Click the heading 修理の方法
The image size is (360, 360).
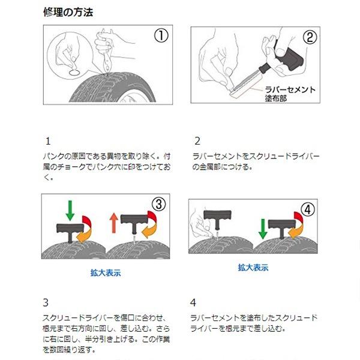click(68, 12)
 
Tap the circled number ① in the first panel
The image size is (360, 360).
click(161, 35)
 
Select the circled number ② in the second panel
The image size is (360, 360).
click(310, 37)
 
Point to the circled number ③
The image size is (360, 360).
click(158, 204)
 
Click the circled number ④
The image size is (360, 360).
click(308, 209)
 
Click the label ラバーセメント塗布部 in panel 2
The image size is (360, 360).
click(290, 94)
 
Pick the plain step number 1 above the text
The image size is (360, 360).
click(48, 141)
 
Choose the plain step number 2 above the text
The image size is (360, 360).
click(197, 141)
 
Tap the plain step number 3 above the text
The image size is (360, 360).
click(46, 302)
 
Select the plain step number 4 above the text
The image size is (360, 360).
click(193, 302)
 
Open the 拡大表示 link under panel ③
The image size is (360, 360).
click(106, 273)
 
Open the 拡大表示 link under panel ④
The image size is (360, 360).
click(253, 268)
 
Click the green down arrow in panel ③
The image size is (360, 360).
click(70, 211)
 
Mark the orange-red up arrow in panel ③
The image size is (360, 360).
click(114, 223)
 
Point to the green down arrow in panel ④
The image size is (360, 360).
click(263, 229)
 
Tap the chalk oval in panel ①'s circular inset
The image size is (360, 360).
click(74, 73)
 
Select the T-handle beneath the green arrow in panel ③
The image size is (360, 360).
click(70, 232)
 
